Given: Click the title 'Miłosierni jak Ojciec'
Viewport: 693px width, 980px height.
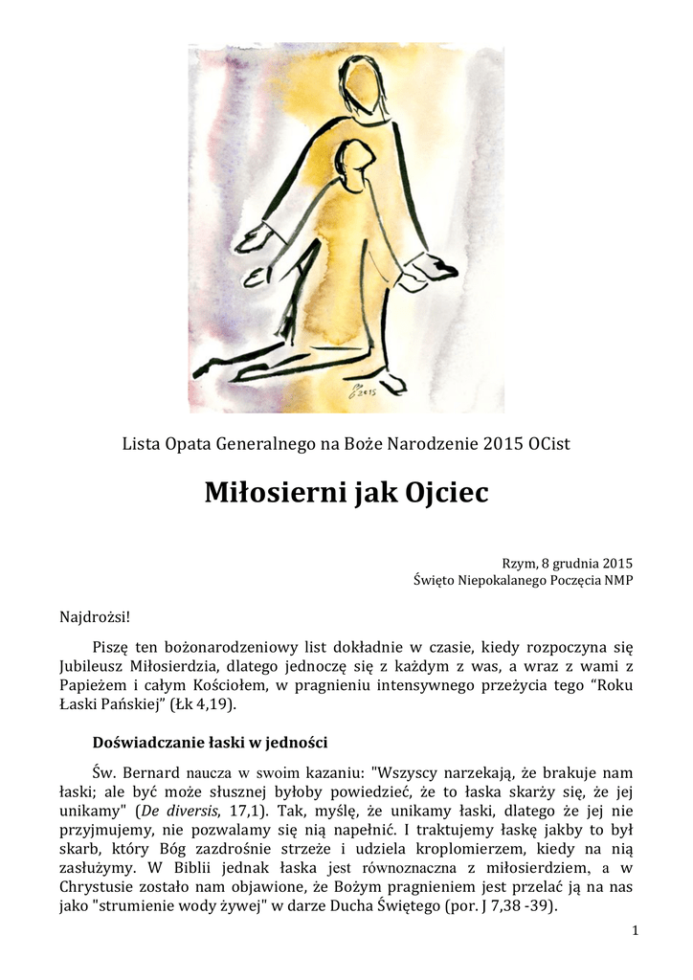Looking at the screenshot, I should point(346,493).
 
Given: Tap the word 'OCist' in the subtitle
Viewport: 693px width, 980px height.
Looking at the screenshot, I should point(549,444).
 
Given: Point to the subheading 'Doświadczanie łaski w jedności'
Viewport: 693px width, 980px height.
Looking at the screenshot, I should point(212,741).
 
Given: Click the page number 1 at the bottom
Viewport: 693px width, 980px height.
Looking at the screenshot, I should point(636,930).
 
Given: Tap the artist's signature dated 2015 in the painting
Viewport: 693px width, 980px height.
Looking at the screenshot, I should point(363,390).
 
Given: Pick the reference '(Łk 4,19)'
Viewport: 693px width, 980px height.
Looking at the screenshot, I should point(205,705).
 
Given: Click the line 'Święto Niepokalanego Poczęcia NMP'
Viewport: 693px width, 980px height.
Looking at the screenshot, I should point(523,581).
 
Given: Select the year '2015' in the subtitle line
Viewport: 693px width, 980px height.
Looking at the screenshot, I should point(503,444).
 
